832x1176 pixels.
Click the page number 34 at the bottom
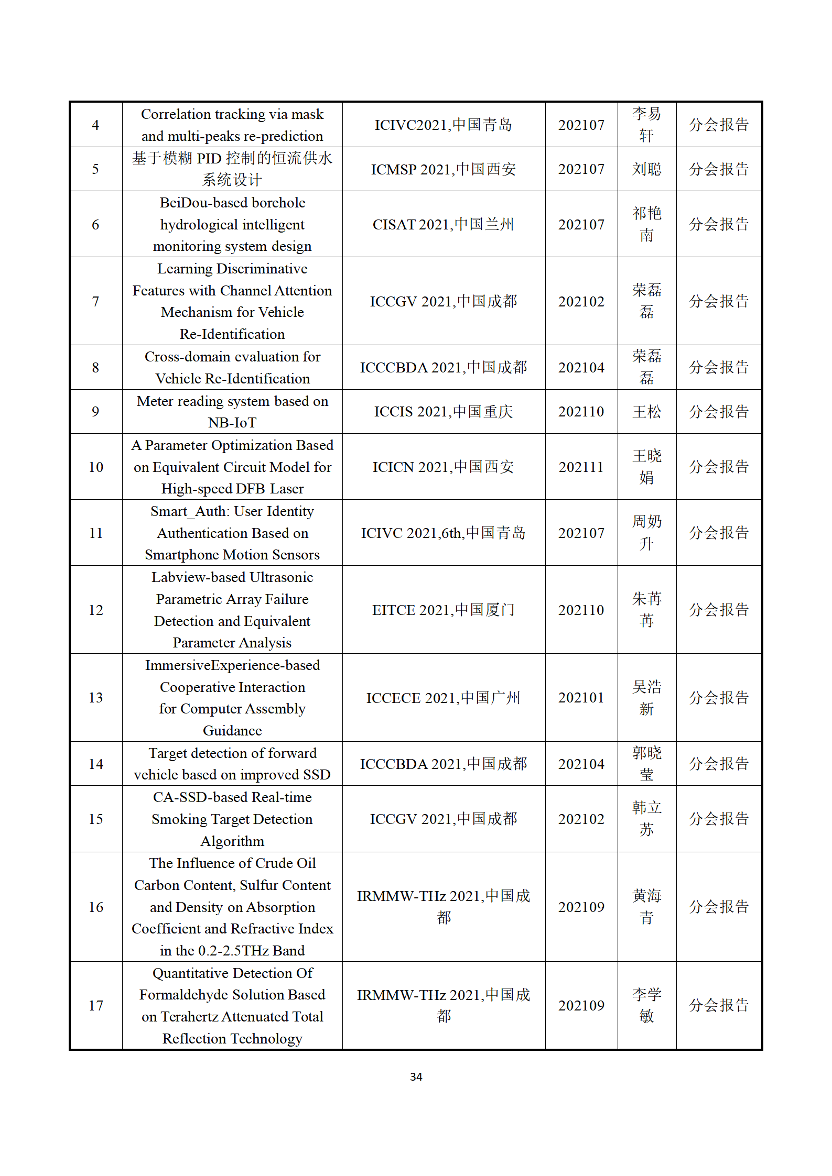point(416,1076)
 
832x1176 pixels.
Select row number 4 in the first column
point(95,125)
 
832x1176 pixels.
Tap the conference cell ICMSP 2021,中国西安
point(443,169)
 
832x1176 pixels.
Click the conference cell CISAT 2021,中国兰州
point(443,224)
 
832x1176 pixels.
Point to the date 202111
point(581,467)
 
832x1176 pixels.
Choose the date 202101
point(581,698)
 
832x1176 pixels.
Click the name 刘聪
point(646,169)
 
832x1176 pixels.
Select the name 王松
point(646,412)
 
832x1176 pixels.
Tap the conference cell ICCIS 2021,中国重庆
point(443,412)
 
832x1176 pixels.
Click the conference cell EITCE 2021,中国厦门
point(443,610)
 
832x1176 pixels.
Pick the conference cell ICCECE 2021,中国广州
point(443,698)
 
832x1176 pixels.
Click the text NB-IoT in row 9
point(232,423)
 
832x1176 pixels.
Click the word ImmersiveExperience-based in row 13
point(232,665)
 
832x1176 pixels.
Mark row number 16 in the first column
point(96,907)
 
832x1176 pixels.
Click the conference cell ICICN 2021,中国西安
point(443,467)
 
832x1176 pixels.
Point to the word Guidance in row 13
point(232,731)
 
